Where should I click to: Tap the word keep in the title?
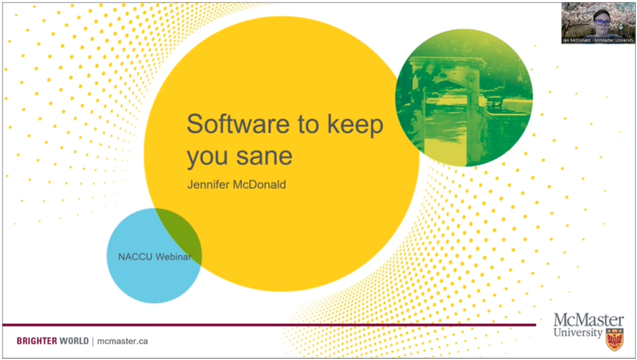point(355,126)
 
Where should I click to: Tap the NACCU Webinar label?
point(154,257)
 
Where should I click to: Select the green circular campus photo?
point(464,98)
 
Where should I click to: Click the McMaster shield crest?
point(615,339)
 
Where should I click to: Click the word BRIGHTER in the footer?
point(37,341)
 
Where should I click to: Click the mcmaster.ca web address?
point(123,341)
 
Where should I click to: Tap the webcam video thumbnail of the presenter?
point(598,23)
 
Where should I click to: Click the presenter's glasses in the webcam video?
point(602,22)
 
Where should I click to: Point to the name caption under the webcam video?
point(598,40)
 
